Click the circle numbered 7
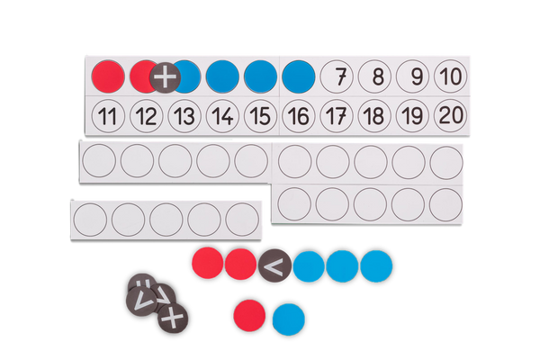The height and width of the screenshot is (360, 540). pos(337,76)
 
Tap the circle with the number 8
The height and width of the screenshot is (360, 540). pos(374,76)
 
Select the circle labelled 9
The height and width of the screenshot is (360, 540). pos(412,76)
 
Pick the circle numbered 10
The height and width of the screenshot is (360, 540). pos(451,76)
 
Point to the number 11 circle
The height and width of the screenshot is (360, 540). pos(108,116)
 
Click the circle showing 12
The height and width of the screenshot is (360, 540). pos(147,116)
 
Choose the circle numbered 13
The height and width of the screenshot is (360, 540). pos(184,116)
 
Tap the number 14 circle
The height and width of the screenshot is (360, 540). pos(222,116)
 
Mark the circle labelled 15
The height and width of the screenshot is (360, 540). pos(260,116)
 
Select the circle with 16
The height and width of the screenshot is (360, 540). pos(299,116)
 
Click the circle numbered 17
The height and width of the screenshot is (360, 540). pos(337,116)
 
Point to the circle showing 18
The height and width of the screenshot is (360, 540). pos(374,116)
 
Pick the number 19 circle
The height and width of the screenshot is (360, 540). pos(412,116)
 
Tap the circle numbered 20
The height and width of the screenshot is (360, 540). pos(451,115)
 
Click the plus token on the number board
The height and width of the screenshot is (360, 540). pos(165,77)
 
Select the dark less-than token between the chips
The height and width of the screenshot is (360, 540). pos(274,265)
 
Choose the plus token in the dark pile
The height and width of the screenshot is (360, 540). pos(173,318)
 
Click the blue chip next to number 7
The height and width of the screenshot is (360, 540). pos(299,76)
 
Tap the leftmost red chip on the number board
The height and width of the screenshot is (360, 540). pos(108,76)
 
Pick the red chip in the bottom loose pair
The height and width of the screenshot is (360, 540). pos(249,316)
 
